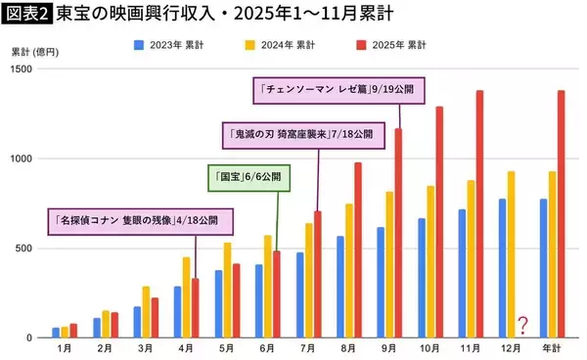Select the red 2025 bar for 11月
click(x=479, y=214)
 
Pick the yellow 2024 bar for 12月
click(x=510, y=254)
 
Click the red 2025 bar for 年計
click(x=561, y=214)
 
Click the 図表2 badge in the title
click(x=27, y=14)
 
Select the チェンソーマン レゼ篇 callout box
click(x=338, y=88)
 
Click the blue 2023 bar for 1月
click(x=56, y=333)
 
